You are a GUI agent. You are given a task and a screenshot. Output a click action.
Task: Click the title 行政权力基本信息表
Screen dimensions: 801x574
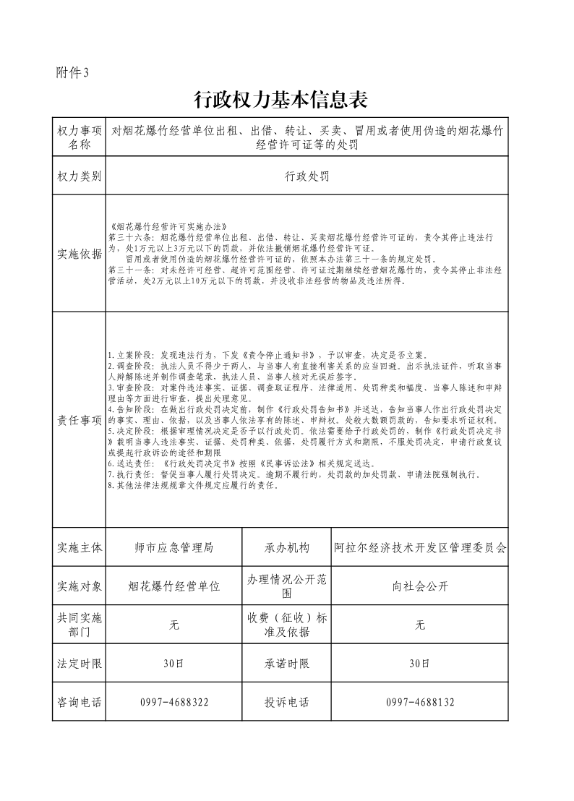(286, 100)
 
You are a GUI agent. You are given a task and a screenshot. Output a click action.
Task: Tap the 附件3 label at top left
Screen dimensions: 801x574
(72, 72)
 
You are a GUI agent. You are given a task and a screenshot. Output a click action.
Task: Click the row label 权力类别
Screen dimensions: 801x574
(80, 176)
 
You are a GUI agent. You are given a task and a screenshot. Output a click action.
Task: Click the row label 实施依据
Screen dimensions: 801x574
(80, 253)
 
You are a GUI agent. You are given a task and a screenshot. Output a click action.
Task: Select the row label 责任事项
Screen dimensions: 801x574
(80, 420)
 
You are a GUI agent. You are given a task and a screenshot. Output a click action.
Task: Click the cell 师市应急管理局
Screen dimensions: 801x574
(174, 548)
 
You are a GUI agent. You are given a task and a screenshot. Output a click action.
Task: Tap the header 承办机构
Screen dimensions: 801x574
(287, 548)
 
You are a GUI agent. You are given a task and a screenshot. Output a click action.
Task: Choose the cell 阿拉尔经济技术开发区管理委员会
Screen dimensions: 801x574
(420, 548)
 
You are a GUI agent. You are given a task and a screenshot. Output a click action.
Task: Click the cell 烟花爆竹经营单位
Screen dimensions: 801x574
(174, 586)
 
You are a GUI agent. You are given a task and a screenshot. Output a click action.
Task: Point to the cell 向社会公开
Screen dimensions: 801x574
(420, 586)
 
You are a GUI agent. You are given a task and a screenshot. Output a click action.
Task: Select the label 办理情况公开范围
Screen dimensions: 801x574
(287, 586)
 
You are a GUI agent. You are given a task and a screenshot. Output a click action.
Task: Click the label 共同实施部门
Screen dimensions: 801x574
(80, 625)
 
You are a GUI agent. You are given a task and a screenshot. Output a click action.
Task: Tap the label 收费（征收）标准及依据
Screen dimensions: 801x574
(287, 625)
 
